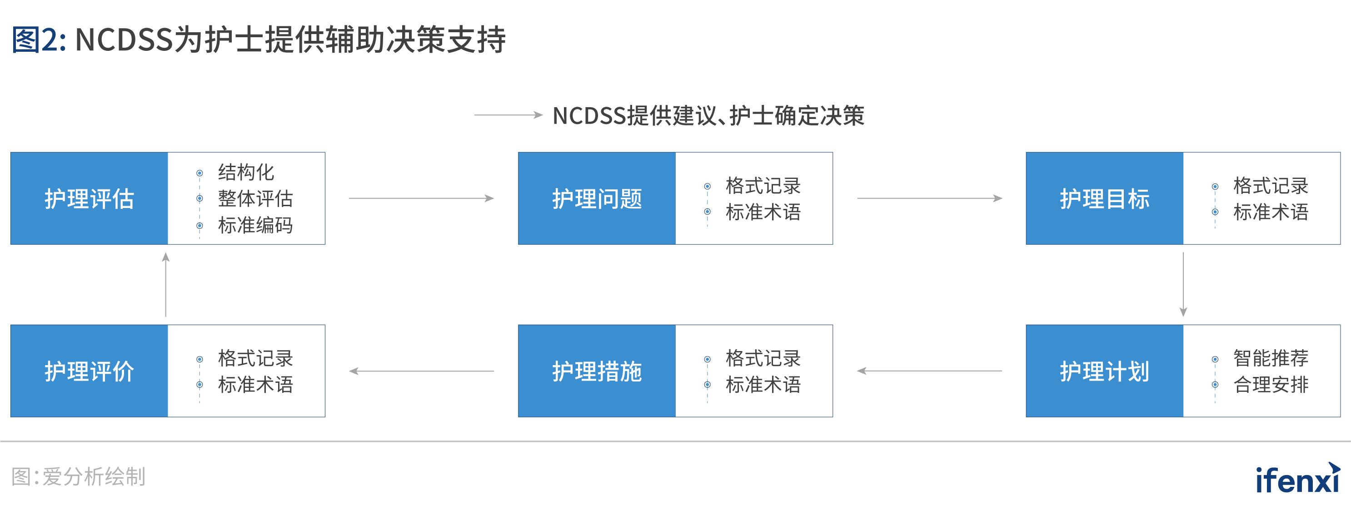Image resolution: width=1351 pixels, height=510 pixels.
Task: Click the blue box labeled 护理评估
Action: pos(89,198)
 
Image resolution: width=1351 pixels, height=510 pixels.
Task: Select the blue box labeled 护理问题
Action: pos(597,198)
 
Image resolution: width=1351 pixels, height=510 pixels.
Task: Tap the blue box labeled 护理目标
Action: pos(1105,198)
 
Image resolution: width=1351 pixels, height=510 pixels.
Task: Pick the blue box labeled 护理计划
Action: pos(1105,371)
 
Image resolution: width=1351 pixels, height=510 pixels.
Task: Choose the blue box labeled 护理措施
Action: pos(597,371)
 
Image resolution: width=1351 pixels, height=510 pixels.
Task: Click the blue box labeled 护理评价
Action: pos(89,371)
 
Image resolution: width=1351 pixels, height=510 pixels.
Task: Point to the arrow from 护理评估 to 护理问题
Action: pos(421,198)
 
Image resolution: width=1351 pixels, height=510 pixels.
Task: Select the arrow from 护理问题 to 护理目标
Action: pos(929,198)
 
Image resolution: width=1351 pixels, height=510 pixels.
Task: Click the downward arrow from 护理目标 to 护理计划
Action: pos(1183,284)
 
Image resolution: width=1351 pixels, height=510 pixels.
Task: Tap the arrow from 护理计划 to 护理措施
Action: pos(929,371)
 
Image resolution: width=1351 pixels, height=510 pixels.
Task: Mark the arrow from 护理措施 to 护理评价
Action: pos(421,371)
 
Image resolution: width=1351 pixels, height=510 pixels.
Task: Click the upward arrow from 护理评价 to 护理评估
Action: pos(166,284)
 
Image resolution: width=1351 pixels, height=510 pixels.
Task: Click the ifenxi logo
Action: pos(1297,479)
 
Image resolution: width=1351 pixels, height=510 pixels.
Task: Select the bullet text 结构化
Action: pos(246,173)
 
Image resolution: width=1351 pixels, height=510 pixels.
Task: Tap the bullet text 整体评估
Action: pos(255,198)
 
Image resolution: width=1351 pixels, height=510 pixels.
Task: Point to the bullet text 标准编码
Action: pos(255,225)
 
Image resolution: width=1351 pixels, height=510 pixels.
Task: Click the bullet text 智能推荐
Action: pos(1271,358)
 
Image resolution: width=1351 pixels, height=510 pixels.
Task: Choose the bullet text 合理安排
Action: pos(1271,385)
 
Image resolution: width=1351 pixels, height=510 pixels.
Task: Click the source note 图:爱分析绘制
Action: pos(79,477)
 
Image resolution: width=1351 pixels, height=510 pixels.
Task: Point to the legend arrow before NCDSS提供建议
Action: pos(508,115)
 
